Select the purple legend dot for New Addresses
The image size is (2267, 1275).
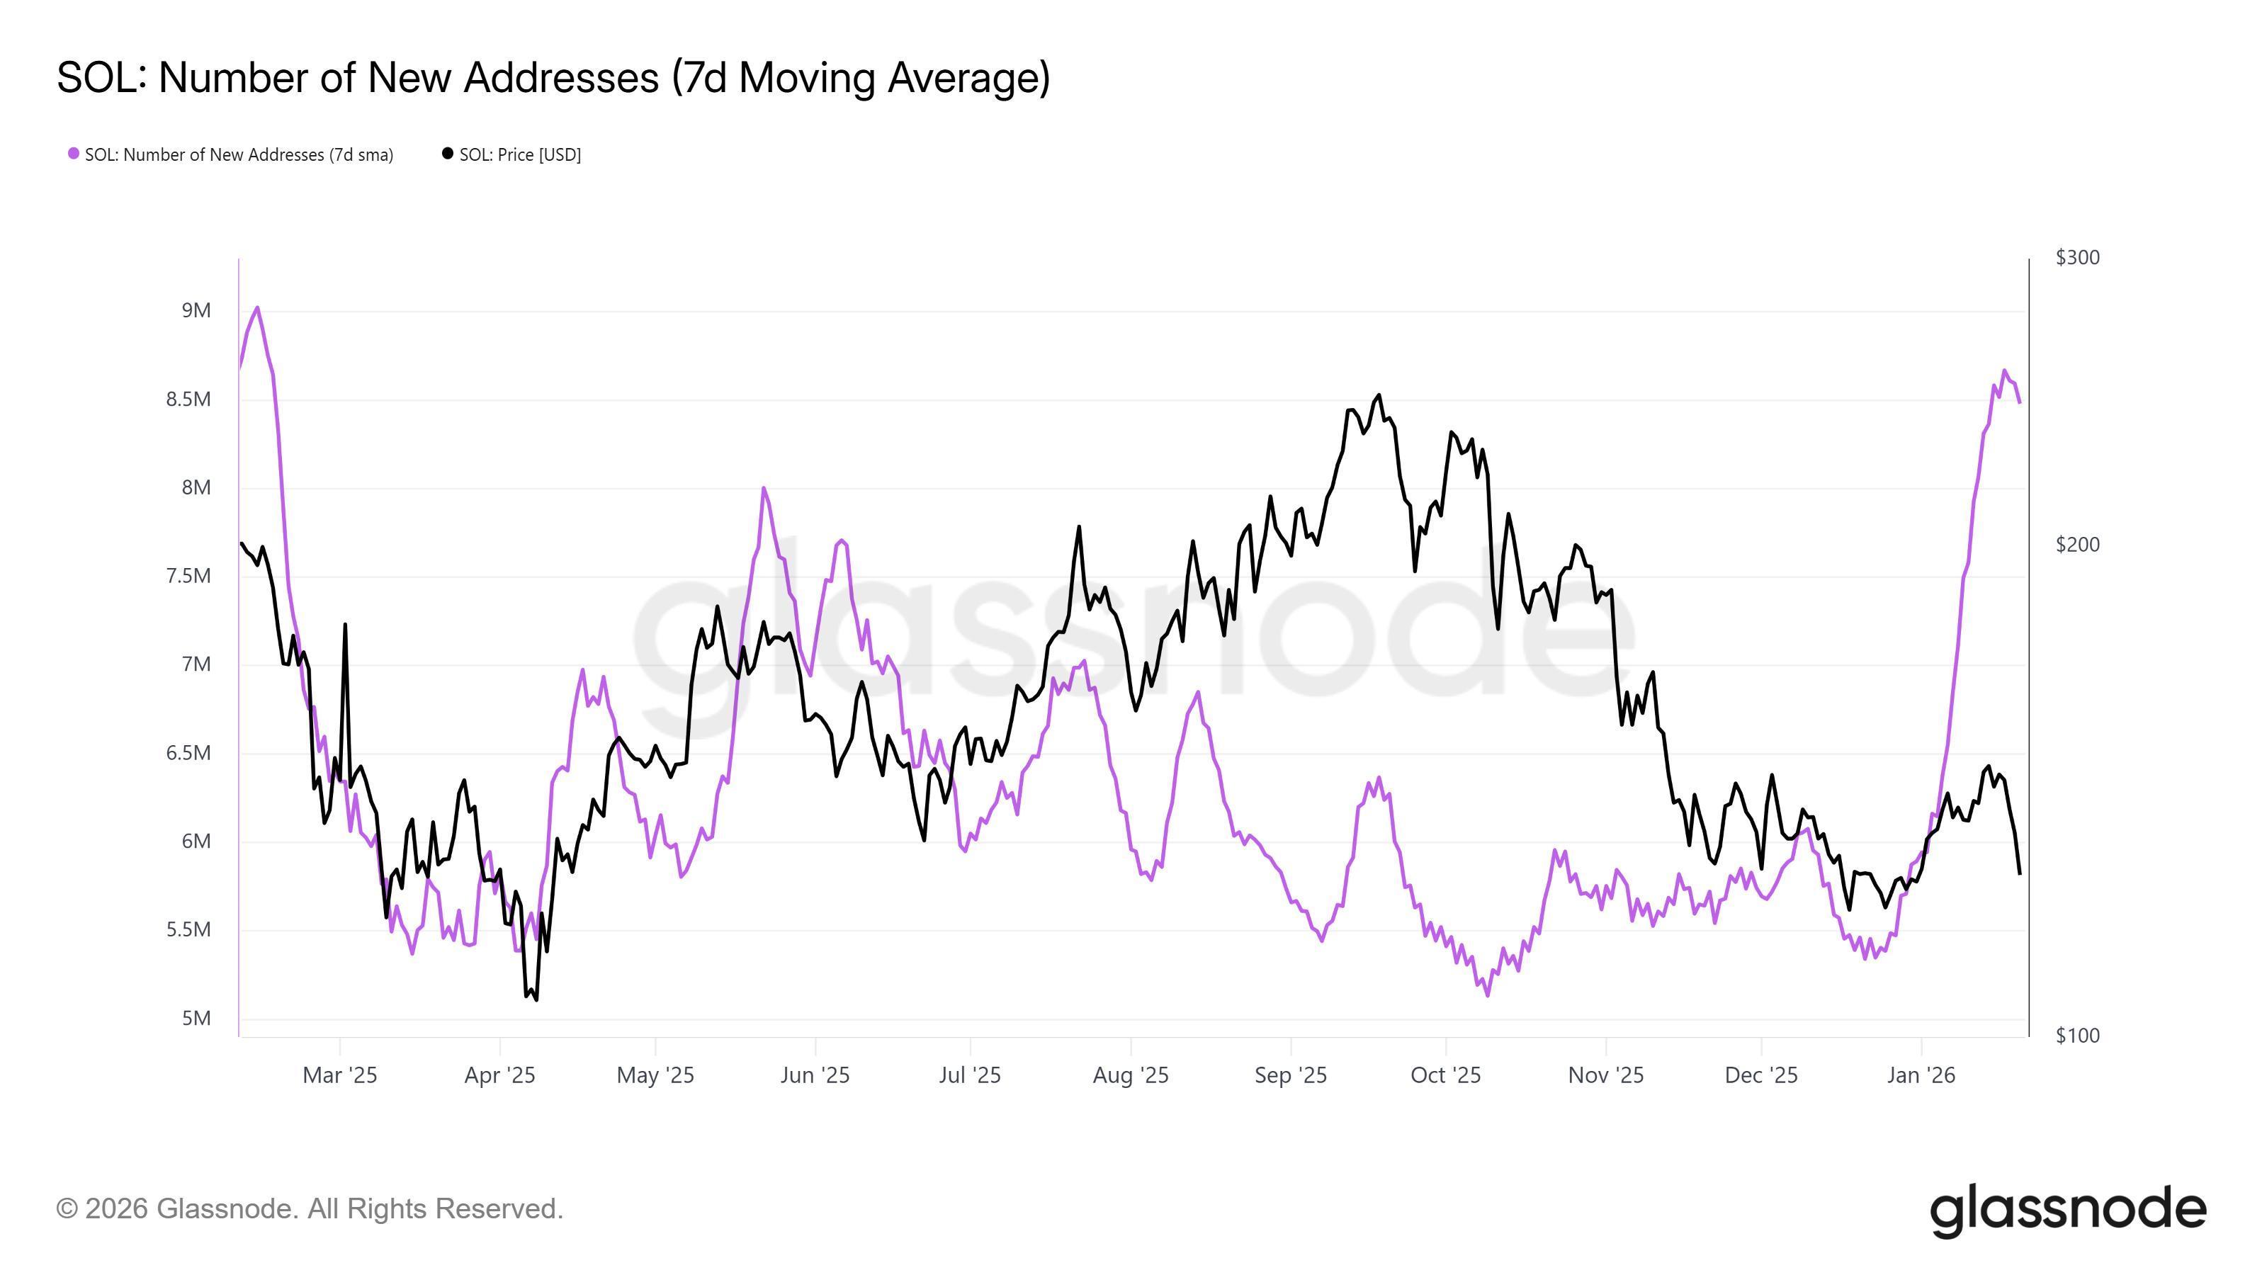(74, 154)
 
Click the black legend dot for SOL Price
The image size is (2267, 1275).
(447, 154)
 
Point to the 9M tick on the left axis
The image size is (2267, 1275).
(196, 311)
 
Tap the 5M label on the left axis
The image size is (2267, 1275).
(196, 1018)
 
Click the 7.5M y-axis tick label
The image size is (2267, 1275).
(188, 577)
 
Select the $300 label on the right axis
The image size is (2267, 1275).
(2077, 258)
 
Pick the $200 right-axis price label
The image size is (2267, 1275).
(2077, 545)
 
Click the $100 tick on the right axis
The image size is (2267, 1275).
(2077, 1036)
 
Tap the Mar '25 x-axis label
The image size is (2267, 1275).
(340, 1075)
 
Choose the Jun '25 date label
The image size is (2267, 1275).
(815, 1075)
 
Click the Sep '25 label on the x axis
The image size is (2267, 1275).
(1290, 1075)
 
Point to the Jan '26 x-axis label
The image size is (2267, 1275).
(1921, 1075)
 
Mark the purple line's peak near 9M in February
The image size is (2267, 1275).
(257, 308)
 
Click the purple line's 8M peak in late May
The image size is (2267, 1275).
(763, 488)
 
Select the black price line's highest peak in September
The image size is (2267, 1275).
(1378, 395)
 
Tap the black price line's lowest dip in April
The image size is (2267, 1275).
(536, 999)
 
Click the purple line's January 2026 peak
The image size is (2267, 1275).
(2005, 370)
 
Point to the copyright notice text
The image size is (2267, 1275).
(310, 1209)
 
